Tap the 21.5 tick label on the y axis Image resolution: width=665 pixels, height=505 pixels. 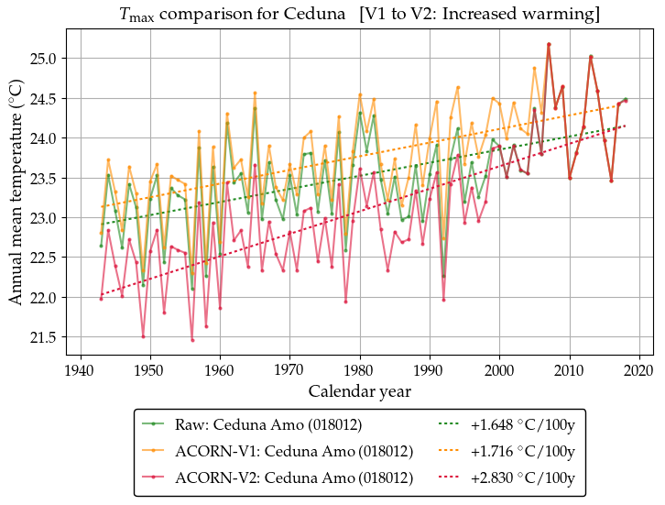click(x=49, y=338)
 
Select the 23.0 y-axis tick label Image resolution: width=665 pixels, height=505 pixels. click(x=49, y=218)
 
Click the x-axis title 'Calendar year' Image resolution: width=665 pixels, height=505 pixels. click(x=359, y=391)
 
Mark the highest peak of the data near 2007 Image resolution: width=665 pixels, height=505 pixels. click(x=549, y=44)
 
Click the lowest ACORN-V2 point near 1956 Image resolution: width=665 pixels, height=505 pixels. click(x=192, y=340)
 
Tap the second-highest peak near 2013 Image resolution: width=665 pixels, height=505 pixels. click(x=591, y=57)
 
